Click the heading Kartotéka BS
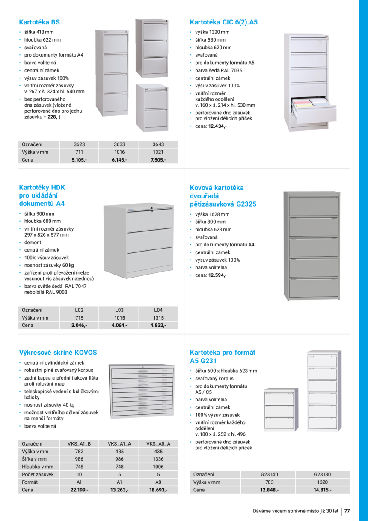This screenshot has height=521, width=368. pos(39,22)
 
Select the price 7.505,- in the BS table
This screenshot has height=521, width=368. pos(157,160)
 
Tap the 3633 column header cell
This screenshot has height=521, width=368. pos(119,144)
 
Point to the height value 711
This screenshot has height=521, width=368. pos(79,152)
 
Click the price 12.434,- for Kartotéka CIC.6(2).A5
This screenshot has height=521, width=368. pos(217,126)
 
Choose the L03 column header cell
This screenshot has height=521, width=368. pos(119,310)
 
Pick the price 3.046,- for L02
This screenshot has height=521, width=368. pos(79,326)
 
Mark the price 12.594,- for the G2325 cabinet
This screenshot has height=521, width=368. pos(217,275)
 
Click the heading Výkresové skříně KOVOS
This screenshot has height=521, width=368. pos(58,353)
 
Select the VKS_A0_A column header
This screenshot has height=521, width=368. pos(158,444)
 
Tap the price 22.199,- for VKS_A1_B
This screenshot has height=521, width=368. pos(79,490)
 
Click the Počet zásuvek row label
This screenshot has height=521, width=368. pos(38,474)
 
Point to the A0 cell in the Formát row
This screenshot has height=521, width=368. pos(158,482)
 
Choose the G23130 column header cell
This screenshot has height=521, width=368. pos(322,475)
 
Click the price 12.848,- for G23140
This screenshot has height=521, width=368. pos(269,490)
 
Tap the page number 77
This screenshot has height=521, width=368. pos(347,511)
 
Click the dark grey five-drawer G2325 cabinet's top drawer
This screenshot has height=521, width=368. pos(314,205)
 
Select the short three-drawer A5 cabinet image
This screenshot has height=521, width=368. pos(280,410)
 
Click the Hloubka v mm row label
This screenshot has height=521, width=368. pos(38,467)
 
